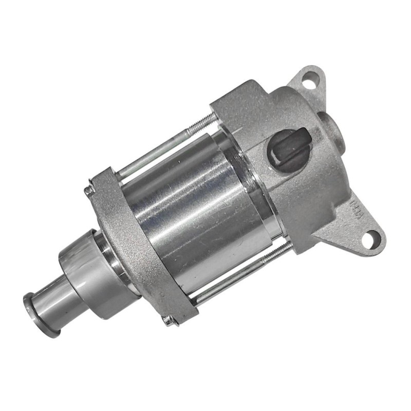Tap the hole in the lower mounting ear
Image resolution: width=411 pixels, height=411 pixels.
368,238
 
